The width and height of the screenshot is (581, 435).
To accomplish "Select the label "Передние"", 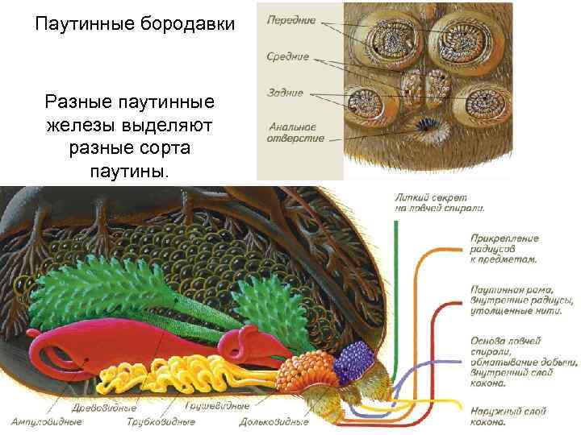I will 291,20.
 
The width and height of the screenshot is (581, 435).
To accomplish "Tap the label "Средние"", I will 288,56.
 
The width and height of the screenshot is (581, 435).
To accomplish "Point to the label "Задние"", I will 285,93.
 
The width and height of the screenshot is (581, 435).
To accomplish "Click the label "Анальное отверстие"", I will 295,132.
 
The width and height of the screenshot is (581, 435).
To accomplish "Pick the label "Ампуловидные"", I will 46,421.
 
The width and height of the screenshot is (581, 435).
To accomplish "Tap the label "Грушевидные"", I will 217,406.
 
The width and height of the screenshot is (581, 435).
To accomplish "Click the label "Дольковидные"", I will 274,421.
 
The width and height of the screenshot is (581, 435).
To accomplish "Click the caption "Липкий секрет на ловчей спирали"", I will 440,201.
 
